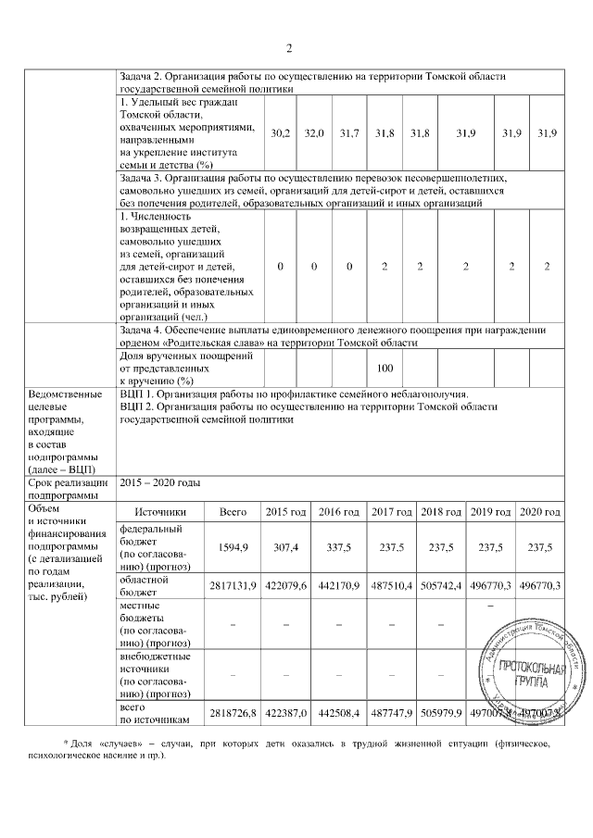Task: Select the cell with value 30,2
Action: coord(281,134)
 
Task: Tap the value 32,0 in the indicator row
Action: coord(315,134)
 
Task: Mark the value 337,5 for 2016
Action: coord(338,547)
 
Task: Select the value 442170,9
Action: coord(338,585)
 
